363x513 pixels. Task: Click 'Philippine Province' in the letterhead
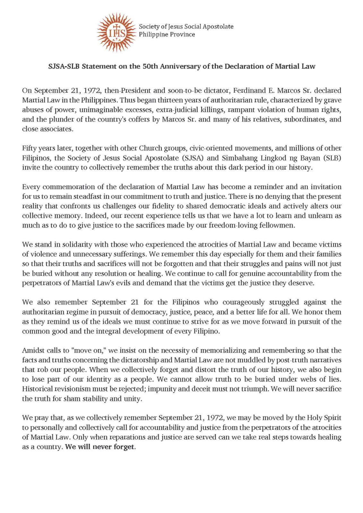167,34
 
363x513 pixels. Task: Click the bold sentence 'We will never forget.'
100,447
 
